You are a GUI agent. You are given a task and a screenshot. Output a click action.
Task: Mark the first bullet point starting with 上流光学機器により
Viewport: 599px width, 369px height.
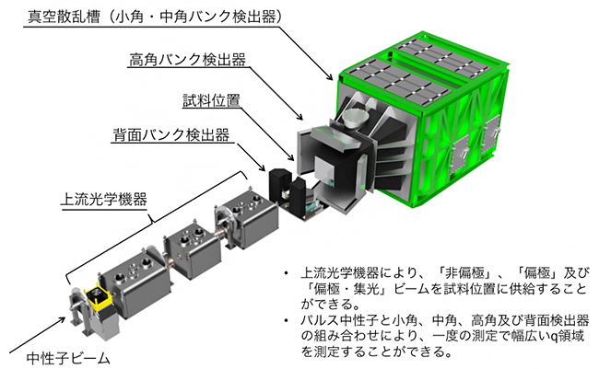pyautogui.click(x=433, y=286)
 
